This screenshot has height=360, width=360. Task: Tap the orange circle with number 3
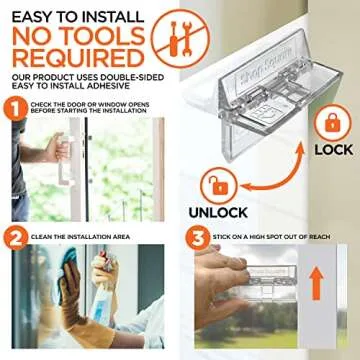pyautogui.click(x=196, y=238)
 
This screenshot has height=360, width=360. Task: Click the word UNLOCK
pyautogui.click(x=218, y=213)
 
